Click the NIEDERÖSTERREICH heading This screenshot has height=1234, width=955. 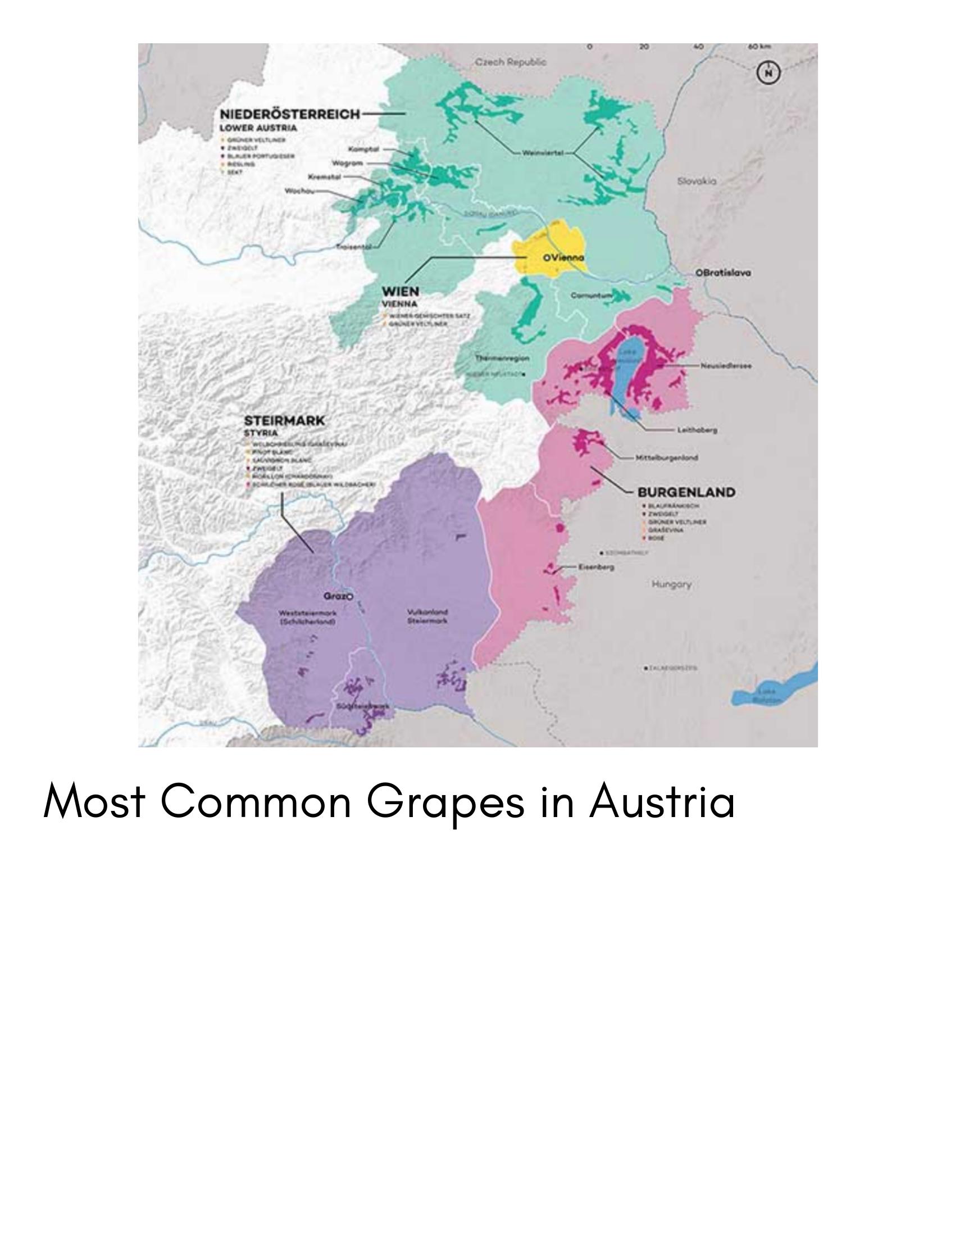click(x=290, y=114)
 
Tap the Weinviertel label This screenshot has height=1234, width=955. click(x=542, y=153)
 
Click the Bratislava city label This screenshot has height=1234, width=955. click(x=723, y=273)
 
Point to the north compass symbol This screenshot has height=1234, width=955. click(x=768, y=73)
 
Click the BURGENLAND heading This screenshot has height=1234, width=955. click(x=686, y=492)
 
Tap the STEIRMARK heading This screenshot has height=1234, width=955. click(x=284, y=421)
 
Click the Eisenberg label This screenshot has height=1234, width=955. click(x=596, y=566)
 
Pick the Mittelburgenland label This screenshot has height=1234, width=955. click(x=666, y=457)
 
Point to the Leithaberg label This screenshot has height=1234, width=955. click(x=697, y=430)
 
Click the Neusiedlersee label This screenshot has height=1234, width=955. click(x=726, y=366)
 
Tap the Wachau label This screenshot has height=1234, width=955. click(x=299, y=191)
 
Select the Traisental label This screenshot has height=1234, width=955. click(x=354, y=247)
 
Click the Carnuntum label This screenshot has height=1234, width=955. click(x=591, y=296)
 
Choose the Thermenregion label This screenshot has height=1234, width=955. click(x=502, y=358)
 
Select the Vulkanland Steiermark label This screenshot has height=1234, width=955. click(x=428, y=616)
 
